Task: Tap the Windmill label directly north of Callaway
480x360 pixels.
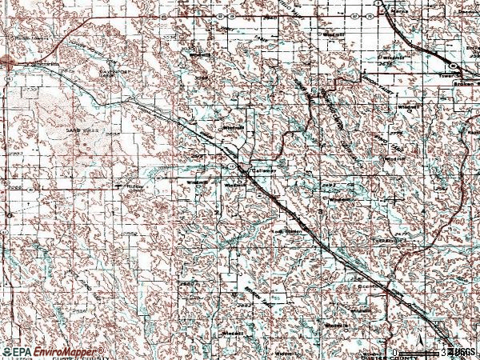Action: pyautogui.click(x=233, y=127)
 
